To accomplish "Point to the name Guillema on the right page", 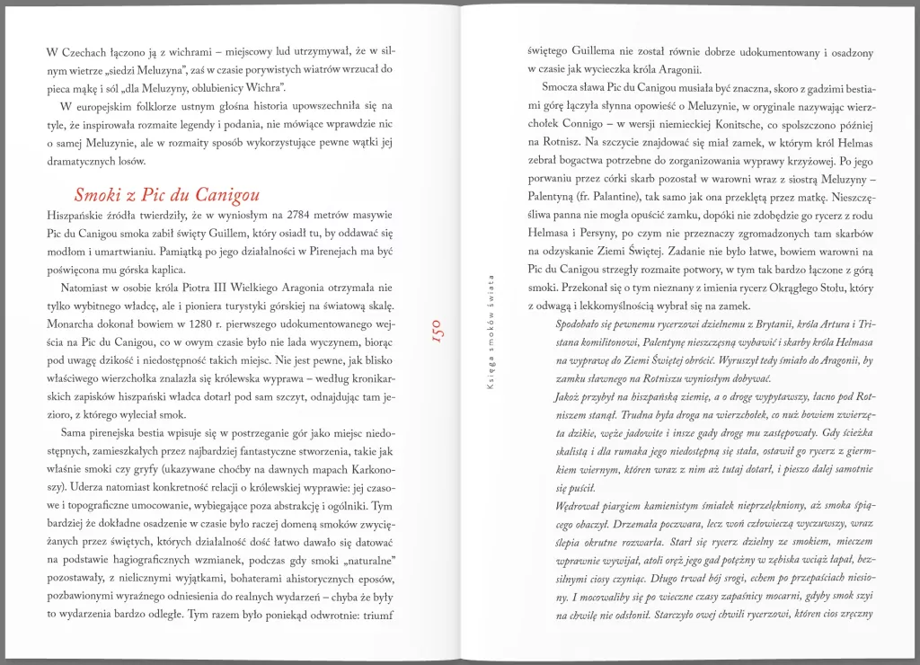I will [602, 50].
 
